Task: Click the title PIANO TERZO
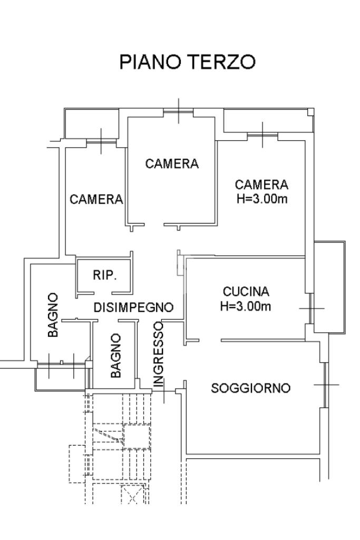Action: [x=187, y=62]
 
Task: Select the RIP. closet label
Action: [x=105, y=275]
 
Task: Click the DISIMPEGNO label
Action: [x=133, y=307]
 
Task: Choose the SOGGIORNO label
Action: [x=250, y=388]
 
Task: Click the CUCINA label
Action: [x=246, y=292]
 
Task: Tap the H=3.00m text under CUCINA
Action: [x=246, y=306]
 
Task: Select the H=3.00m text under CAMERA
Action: [x=262, y=199]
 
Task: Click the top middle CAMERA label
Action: [x=172, y=163]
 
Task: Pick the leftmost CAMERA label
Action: [x=96, y=199]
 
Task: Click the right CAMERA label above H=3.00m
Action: [x=261, y=185]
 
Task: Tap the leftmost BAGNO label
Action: [x=53, y=315]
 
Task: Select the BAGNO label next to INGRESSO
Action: [x=116, y=355]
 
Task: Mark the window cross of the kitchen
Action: [x=312, y=308]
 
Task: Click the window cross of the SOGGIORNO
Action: [x=326, y=384]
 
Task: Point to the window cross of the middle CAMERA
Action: [x=179, y=111]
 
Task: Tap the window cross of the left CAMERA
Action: [x=101, y=141]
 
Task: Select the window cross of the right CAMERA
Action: [x=262, y=135]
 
